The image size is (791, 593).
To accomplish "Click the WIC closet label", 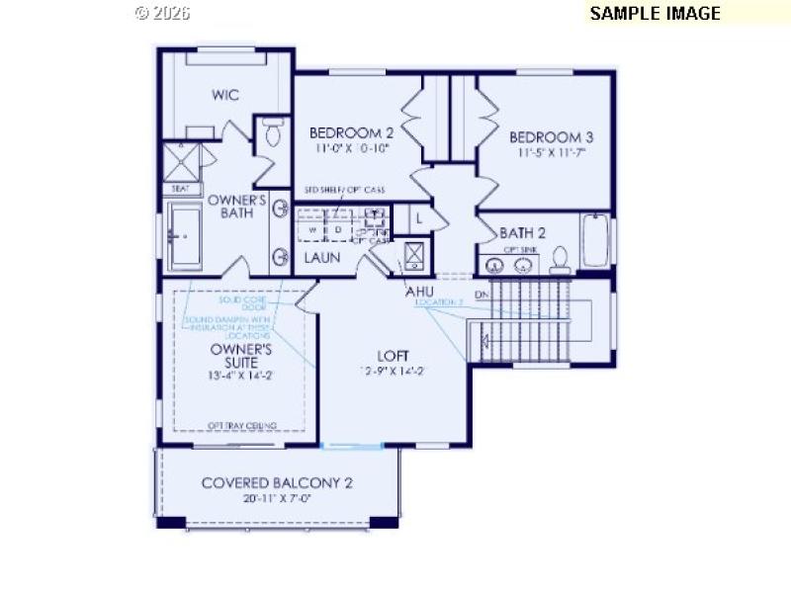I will point(225,96).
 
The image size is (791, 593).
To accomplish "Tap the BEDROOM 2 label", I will point(352,133).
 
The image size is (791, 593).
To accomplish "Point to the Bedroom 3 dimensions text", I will point(551,153).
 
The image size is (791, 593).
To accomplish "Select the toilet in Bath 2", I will point(561,259).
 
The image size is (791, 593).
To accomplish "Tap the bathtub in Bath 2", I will point(595,239).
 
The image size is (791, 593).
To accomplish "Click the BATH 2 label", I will point(522,233).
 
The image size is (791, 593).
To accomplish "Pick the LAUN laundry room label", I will point(321,258).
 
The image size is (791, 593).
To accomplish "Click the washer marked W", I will point(312,229).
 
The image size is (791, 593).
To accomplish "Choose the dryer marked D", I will point(336,229).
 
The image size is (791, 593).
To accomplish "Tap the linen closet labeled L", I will point(419,216).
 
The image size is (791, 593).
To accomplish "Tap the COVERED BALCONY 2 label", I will point(277,483).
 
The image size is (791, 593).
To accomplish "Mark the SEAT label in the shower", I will point(181,188).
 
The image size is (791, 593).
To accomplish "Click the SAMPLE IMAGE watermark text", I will point(655,13).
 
